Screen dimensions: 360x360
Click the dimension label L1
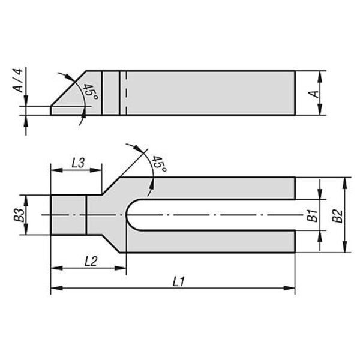click(x=178, y=281)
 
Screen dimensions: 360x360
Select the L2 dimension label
click(x=91, y=261)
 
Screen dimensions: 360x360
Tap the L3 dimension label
click(x=78, y=163)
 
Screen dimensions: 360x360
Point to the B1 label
click(x=313, y=215)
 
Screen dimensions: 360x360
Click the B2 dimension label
click(x=338, y=216)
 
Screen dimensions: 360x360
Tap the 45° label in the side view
click(x=91, y=91)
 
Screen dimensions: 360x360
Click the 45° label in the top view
click(x=160, y=164)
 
